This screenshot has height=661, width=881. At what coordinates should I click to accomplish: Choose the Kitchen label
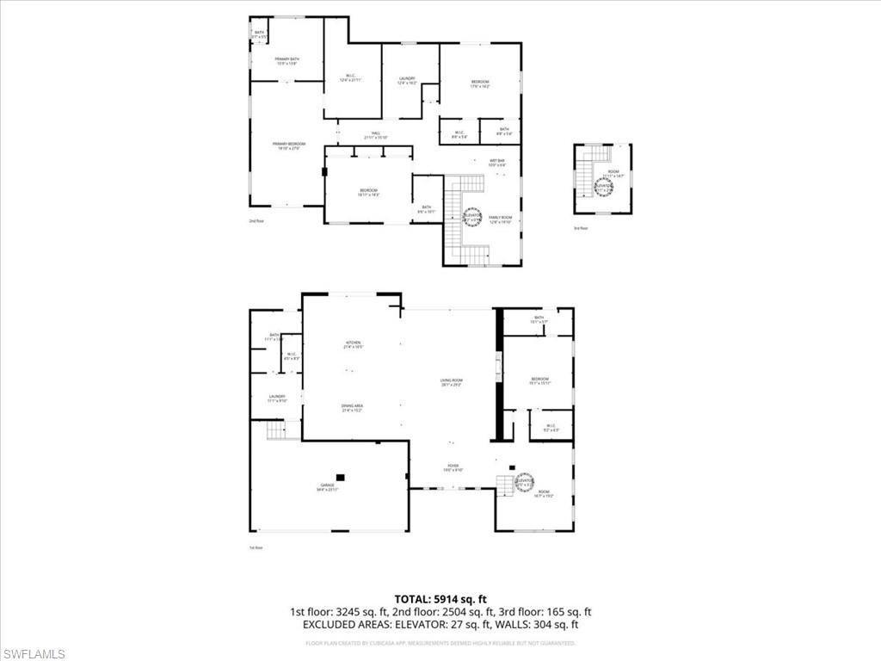click(x=353, y=344)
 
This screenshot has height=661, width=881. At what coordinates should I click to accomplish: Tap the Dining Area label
click(x=353, y=408)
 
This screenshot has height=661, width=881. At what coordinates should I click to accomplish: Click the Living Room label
click(x=452, y=383)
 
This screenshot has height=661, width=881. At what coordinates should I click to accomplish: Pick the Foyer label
click(x=453, y=468)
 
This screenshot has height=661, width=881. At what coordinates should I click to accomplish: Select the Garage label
click(x=328, y=488)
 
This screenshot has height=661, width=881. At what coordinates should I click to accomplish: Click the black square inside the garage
click(x=341, y=476)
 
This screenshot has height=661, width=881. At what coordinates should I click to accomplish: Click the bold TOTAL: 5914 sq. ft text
click(x=440, y=598)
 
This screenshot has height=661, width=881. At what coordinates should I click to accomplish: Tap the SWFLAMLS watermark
click(x=34, y=654)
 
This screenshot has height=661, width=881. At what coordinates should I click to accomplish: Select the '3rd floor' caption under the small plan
click(x=581, y=228)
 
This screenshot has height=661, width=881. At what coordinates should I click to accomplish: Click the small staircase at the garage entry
click(x=276, y=430)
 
